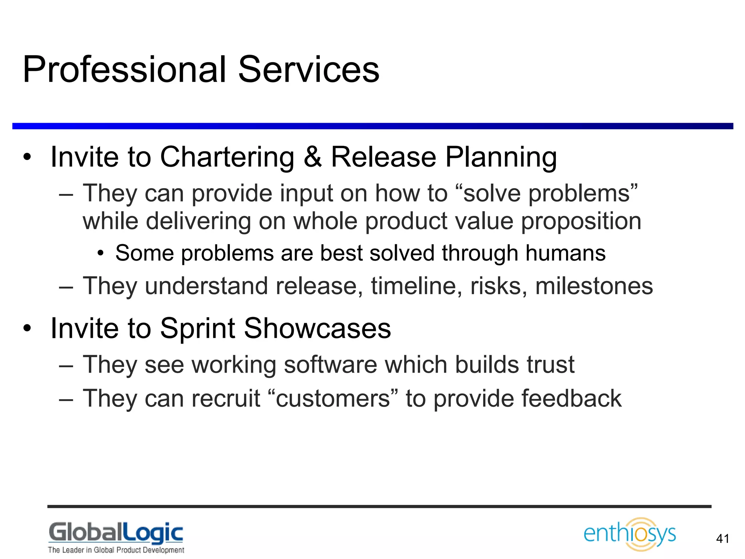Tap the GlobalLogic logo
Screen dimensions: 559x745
click(116, 533)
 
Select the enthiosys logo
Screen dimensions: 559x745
click(630, 534)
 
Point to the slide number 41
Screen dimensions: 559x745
click(722, 539)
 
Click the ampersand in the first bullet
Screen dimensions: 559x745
click(312, 157)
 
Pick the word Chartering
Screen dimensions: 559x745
click(227, 157)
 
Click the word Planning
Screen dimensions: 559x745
click(501, 157)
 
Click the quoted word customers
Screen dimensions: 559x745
click(333, 398)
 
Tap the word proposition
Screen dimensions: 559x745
click(581, 221)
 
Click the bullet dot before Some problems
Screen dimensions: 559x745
click(101, 254)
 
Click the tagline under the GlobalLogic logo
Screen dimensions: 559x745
click(116, 550)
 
